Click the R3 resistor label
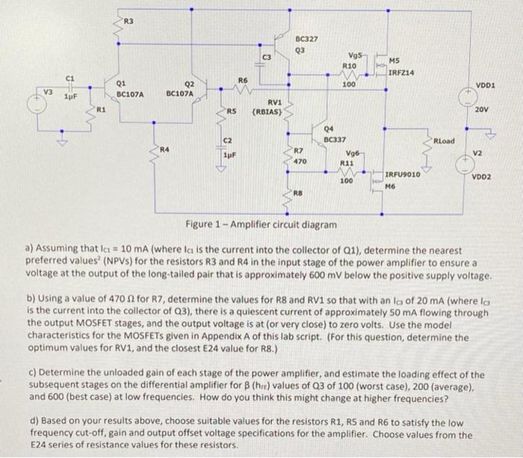pyautogui.click(x=129, y=22)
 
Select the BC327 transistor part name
pyautogui.click(x=306, y=39)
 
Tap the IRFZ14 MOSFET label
pyautogui.click(x=401, y=72)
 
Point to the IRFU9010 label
pyautogui.click(x=403, y=175)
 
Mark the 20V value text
pyautogui.click(x=482, y=109)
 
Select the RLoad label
pyautogui.click(x=444, y=140)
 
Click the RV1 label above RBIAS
pyautogui.click(x=275, y=102)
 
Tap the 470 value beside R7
pyautogui.click(x=300, y=161)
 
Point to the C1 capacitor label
pyautogui.click(x=69, y=78)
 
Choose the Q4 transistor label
pyautogui.click(x=329, y=129)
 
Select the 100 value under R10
pyautogui.click(x=349, y=84)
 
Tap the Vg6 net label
pyautogui.click(x=353, y=153)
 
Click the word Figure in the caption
pyautogui.click(x=199, y=224)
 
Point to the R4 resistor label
pyautogui.click(x=164, y=149)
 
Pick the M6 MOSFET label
pyautogui.click(x=390, y=186)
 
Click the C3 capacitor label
pyautogui.click(x=267, y=58)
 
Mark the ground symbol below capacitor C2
pyautogui.click(x=220, y=169)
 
